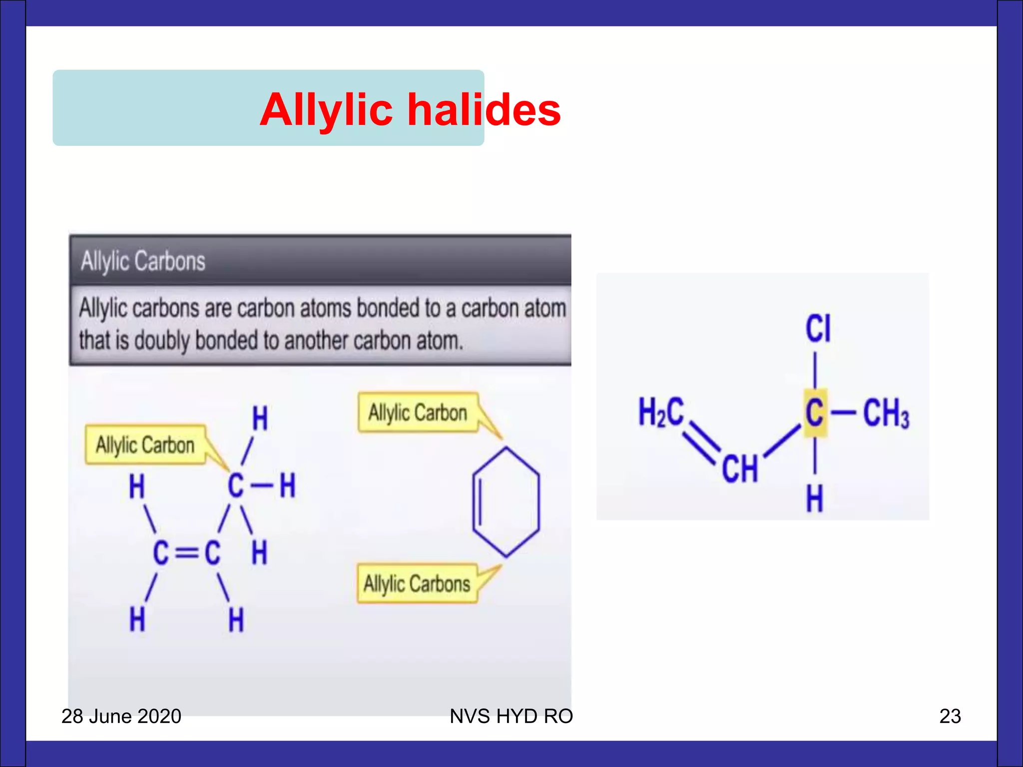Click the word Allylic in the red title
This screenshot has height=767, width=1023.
(326, 110)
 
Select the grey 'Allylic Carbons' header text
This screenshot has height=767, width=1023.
(143, 261)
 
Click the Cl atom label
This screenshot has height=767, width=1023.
(818, 329)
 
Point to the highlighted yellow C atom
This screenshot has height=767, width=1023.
(815, 413)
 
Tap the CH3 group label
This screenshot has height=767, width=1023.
(886, 413)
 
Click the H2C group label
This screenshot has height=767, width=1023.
(660, 412)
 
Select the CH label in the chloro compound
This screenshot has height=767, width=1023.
(740, 469)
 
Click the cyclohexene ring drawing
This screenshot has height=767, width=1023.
(506, 501)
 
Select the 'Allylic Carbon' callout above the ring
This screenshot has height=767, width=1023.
(418, 413)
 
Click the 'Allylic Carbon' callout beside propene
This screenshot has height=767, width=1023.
(145, 445)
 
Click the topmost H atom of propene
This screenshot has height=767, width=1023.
(260, 418)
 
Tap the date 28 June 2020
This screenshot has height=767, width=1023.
(121, 716)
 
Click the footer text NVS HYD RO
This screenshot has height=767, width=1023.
(511, 716)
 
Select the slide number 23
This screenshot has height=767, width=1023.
(950, 716)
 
